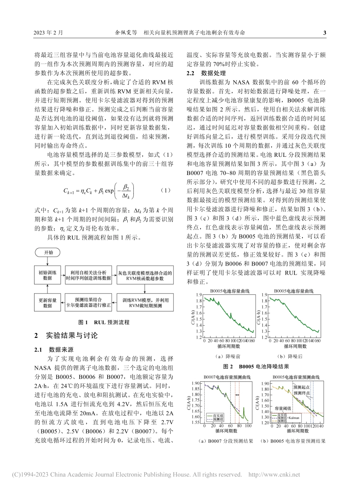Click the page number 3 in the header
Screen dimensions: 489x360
click(324, 33)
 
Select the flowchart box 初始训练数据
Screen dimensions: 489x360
click(47, 275)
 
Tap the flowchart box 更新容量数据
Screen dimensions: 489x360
click(47, 302)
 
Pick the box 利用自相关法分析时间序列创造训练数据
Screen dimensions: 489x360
click(88, 275)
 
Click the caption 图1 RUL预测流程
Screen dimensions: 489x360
click(103, 322)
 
